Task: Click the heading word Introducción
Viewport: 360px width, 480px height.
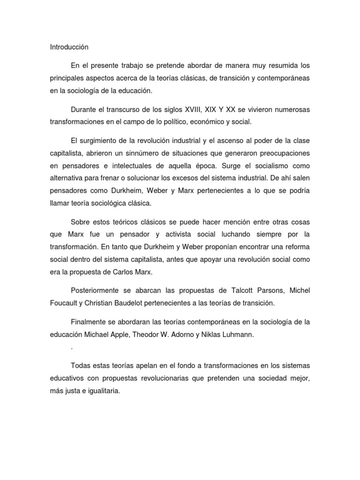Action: pyautogui.click(x=69, y=47)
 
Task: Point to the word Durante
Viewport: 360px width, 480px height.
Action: pyautogui.click(x=85, y=109)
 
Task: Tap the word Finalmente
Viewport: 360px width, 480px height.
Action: pyautogui.click(x=91, y=322)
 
